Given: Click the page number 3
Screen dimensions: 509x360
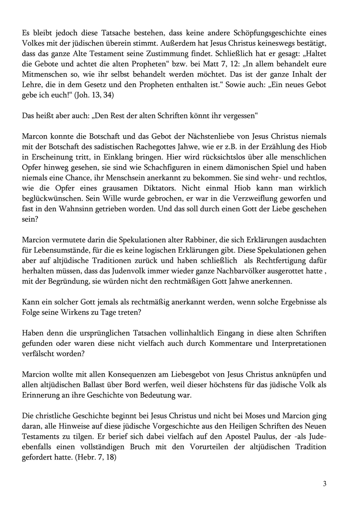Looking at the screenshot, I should tap(325, 484).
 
